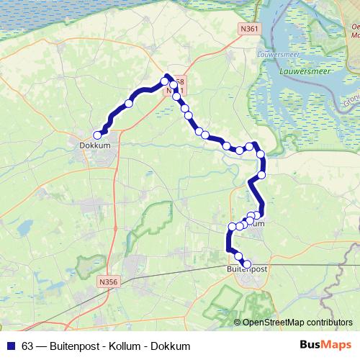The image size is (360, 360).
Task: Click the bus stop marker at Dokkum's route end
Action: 98,134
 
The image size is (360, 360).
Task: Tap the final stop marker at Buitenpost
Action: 247,264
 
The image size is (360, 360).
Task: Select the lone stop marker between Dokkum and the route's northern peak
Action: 129,104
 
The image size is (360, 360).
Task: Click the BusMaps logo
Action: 326,346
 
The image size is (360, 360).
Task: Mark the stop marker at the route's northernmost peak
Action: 164,81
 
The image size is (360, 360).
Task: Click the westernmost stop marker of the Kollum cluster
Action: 232,228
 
